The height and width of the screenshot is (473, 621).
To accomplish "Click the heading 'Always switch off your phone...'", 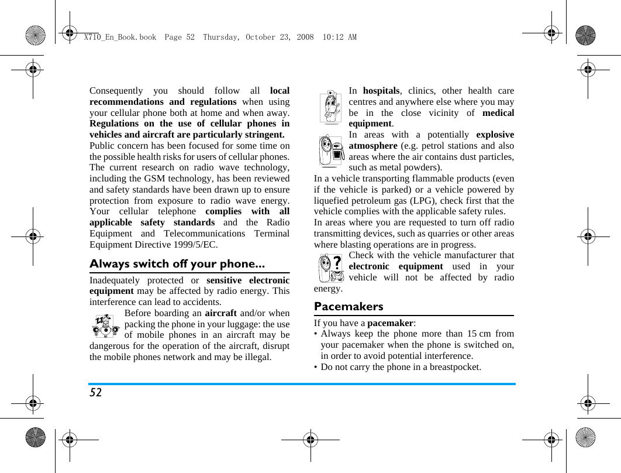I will (177, 263).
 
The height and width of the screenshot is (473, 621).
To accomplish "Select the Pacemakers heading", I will (349, 306).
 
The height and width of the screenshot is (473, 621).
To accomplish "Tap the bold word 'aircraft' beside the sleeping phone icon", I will (221, 313).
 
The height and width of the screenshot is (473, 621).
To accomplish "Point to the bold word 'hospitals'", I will (381, 91).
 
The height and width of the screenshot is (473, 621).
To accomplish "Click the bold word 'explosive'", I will (495, 135).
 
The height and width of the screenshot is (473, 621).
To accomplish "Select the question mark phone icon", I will (331, 269).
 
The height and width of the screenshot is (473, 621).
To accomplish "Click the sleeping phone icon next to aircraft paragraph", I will (106, 325).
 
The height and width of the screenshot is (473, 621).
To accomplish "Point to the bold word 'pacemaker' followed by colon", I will (389, 323).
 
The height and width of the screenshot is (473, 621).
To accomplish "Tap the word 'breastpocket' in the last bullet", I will (454, 367).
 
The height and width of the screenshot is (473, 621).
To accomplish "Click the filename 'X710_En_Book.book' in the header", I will (120, 37).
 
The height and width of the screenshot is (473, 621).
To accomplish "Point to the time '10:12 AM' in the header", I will (339, 37).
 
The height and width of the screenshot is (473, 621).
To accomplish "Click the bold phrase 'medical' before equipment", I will (498, 113).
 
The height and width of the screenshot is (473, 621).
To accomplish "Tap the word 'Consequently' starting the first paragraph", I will (116, 91).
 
